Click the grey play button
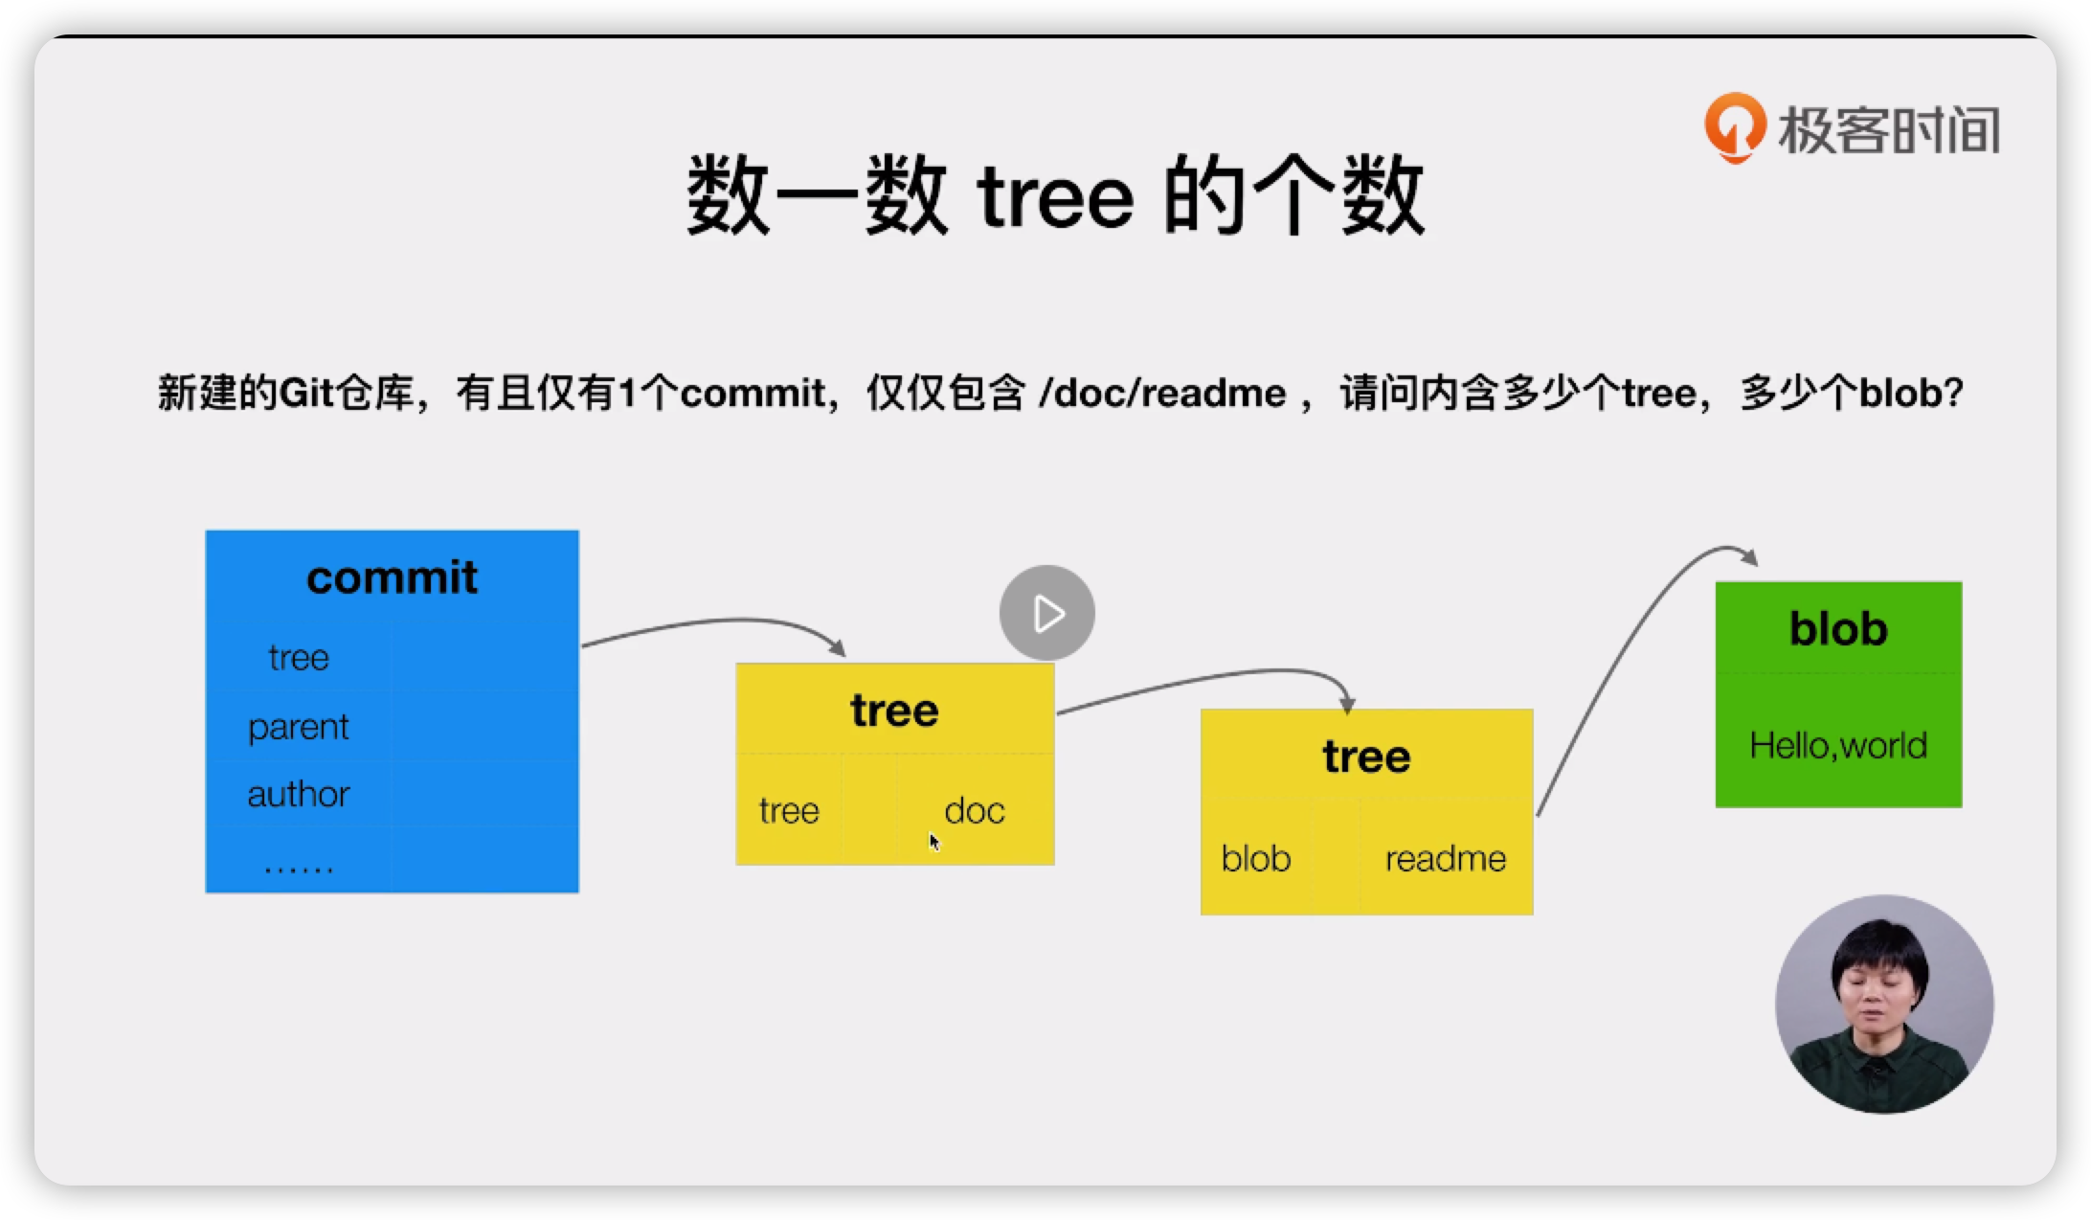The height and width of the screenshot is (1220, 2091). pyautogui.click(x=1046, y=613)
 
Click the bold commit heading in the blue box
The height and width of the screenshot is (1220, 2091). pyautogui.click(x=392, y=577)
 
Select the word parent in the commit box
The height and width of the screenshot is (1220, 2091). pyautogui.click(x=298, y=727)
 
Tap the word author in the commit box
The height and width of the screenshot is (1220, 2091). pyautogui.click(x=298, y=794)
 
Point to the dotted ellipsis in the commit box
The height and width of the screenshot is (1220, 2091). pyautogui.click(x=298, y=868)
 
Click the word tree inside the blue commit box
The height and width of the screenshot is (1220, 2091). pyautogui.click(x=298, y=658)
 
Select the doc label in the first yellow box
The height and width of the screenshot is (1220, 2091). pyautogui.click(x=974, y=811)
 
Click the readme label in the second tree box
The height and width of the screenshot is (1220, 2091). pyautogui.click(x=1445, y=859)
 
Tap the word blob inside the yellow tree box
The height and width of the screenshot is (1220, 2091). pyautogui.click(x=1255, y=859)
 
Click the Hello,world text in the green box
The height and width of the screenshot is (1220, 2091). pyautogui.click(x=1837, y=745)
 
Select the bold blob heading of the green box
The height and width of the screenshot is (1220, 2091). pyautogui.click(x=1837, y=629)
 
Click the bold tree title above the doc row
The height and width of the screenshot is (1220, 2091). pyautogui.click(x=894, y=711)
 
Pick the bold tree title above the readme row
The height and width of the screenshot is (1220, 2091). pyautogui.click(x=1366, y=757)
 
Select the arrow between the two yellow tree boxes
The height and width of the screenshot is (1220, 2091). pyautogui.click(x=1206, y=678)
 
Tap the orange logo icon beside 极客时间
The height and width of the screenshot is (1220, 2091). pyautogui.click(x=1734, y=127)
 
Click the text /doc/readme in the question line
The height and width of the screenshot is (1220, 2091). pyautogui.click(x=1162, y=394)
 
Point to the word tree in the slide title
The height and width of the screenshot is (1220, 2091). pyautogui.click(x=1055, y=198)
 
